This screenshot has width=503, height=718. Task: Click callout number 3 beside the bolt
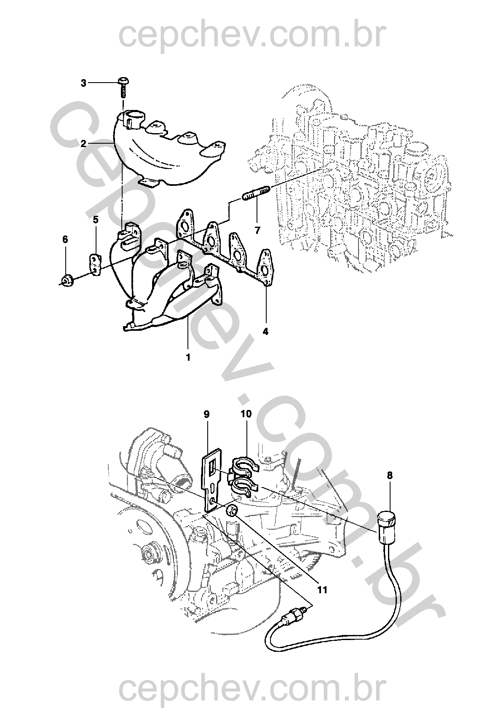(83, 83)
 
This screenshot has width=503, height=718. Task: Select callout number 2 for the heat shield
(84, 143)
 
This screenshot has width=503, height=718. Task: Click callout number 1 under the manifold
(188, 357)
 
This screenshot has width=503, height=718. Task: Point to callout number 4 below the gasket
(265, 332)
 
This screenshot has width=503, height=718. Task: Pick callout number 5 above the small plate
(96, 220)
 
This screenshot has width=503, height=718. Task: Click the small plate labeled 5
(96, 265)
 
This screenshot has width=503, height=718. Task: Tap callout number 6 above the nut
(65, 239)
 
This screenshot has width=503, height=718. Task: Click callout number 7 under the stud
(257, 230)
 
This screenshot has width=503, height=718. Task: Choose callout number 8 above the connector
(390, 475)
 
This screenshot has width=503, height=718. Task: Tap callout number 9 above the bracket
(206, 414)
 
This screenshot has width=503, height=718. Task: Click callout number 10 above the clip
(246, 414)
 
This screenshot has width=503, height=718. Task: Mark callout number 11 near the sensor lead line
(322, 589)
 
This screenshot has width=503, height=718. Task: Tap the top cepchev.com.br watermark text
(251, 36)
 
